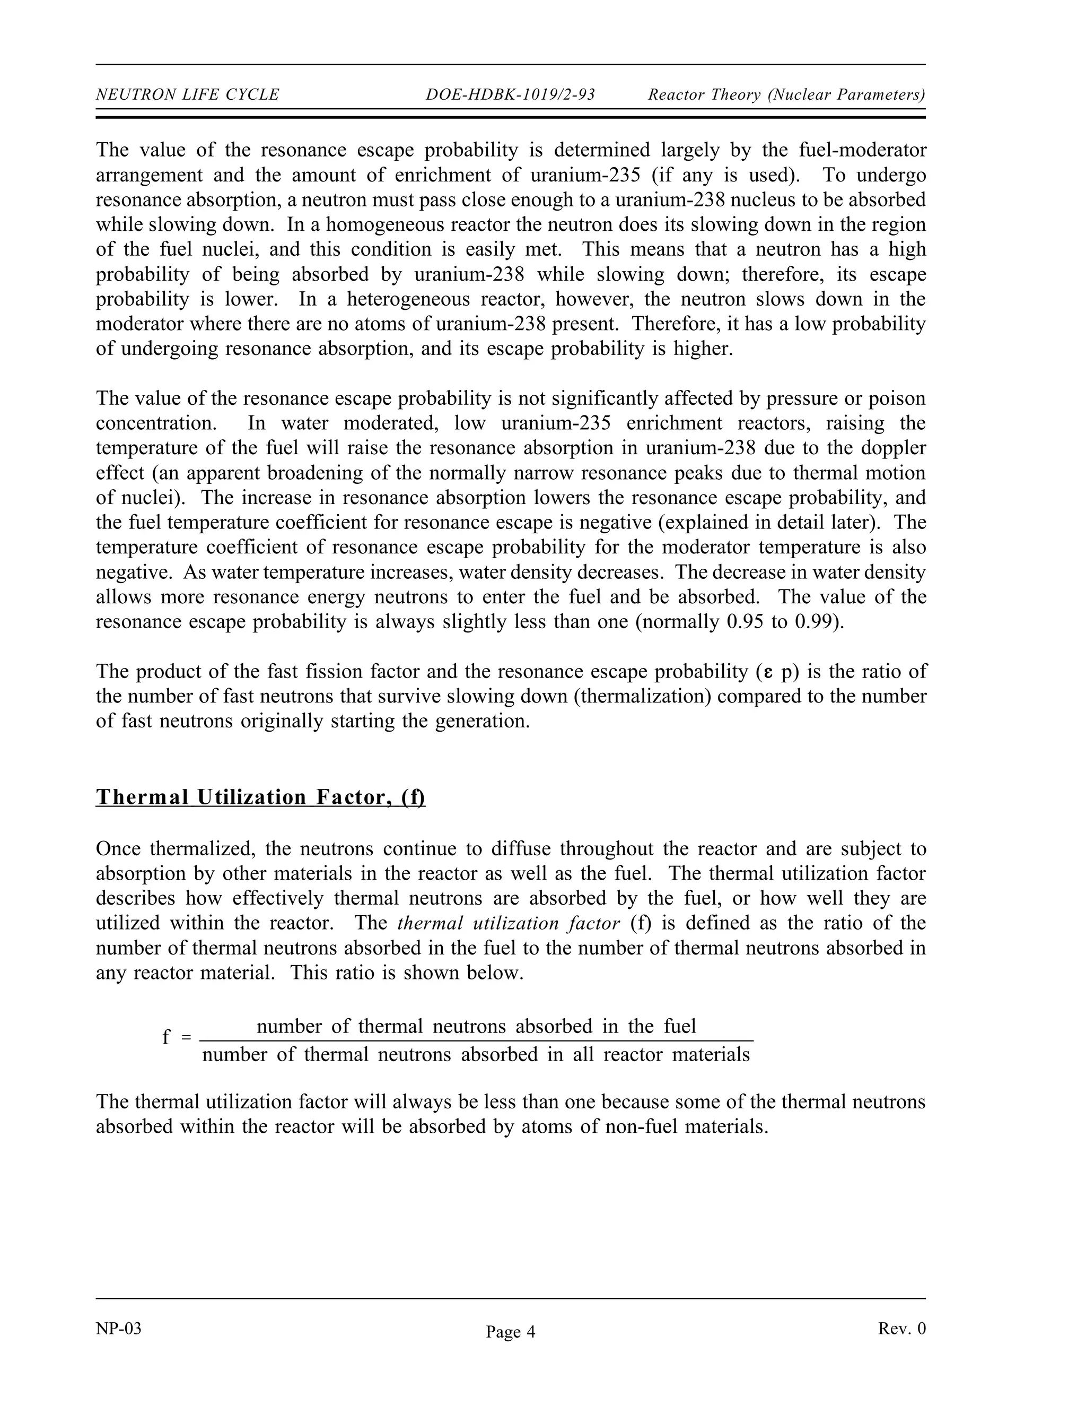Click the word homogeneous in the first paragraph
[x=382, y=224]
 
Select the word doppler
[x=895, y=448]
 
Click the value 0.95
[x=745, y=622]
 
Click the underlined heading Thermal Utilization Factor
[x=260, y=797]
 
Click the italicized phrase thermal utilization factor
[x=508, y=923]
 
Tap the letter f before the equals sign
[x=166, y=1037]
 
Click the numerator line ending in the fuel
[x=476, y=1026]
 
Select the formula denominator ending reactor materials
[x=476, y=1055]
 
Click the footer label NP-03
[x=118, y=1329]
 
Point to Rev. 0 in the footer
[x=901, y=1329]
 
